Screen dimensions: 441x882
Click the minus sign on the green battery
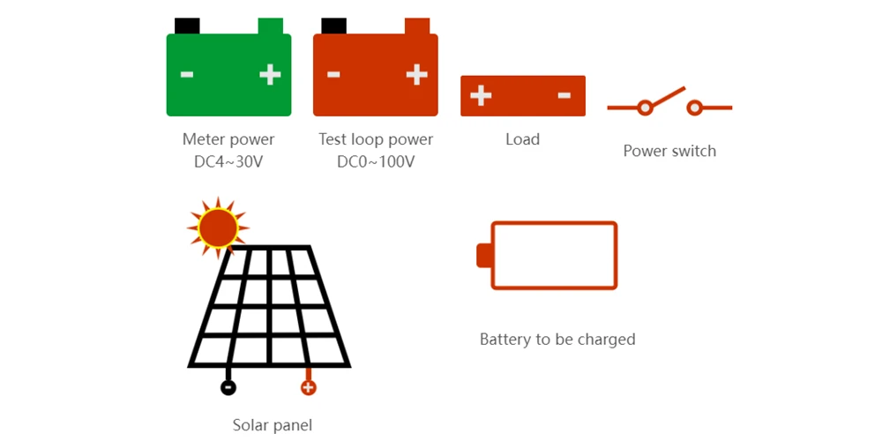click(x=187, y=75)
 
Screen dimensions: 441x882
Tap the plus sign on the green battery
click(x=270, y=75)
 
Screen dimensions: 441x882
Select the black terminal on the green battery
click(x=187, y=26)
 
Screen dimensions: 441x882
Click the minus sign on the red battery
click(x=333, y=75)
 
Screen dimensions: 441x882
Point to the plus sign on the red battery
click(x=416, y=75)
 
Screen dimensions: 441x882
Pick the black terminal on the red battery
click(x=333, y=26)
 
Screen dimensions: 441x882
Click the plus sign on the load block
click(x=481, y=95)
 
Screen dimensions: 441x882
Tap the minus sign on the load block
click(x=564, y=95)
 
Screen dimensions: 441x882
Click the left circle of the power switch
click(x=645, y=108)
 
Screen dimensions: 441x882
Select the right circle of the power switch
click(x=695, y=108)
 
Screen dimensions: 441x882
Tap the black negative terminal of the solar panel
click(x=228, y=387)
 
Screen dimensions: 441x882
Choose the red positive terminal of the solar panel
click(x=308, y=387)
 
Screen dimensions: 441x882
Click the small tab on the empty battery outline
click(x=482, y=255)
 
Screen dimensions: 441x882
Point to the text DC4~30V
click(x=228, y=162)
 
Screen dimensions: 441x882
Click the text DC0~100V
click(x=376, y=162)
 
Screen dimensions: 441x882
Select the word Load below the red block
click(x=522, y=139)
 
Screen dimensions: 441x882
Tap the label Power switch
click(x=669, y=151)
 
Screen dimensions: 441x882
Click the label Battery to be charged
click(x=557, y=339)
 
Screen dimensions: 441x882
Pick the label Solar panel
click(x=273, y=425)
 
